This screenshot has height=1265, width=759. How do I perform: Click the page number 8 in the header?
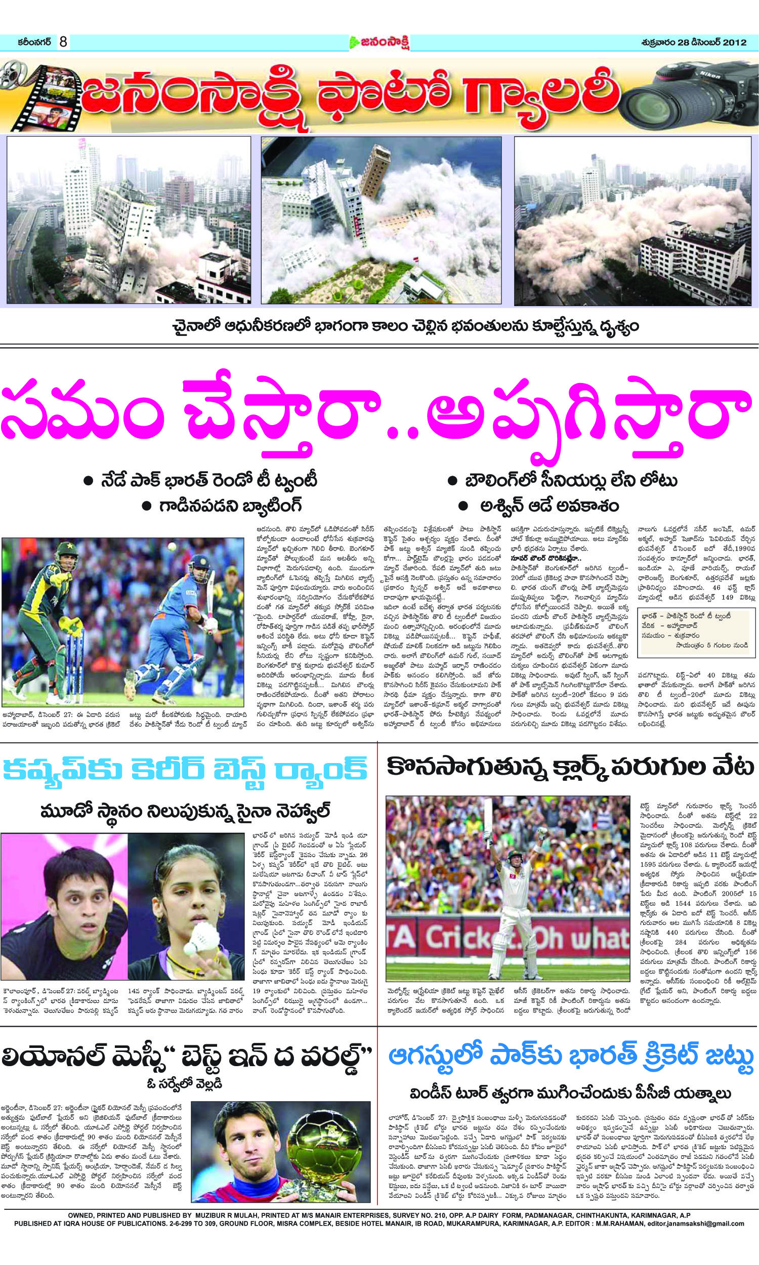pyautogui.click(x=63, y=41)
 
